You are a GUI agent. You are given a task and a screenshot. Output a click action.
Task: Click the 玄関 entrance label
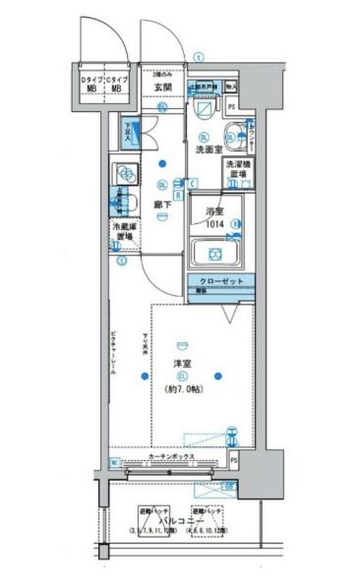[x=163, y=87]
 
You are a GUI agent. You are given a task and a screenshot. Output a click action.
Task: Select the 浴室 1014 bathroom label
[x=215, y=217]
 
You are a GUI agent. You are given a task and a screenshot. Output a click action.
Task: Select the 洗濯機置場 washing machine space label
[x=237, y=168]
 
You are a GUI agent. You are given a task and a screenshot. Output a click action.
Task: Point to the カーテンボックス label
[x=171, y=458]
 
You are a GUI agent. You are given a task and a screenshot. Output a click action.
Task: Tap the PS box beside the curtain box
[x=235, y=459]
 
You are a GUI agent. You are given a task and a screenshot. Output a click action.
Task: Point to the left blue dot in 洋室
[x=144, y=375]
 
